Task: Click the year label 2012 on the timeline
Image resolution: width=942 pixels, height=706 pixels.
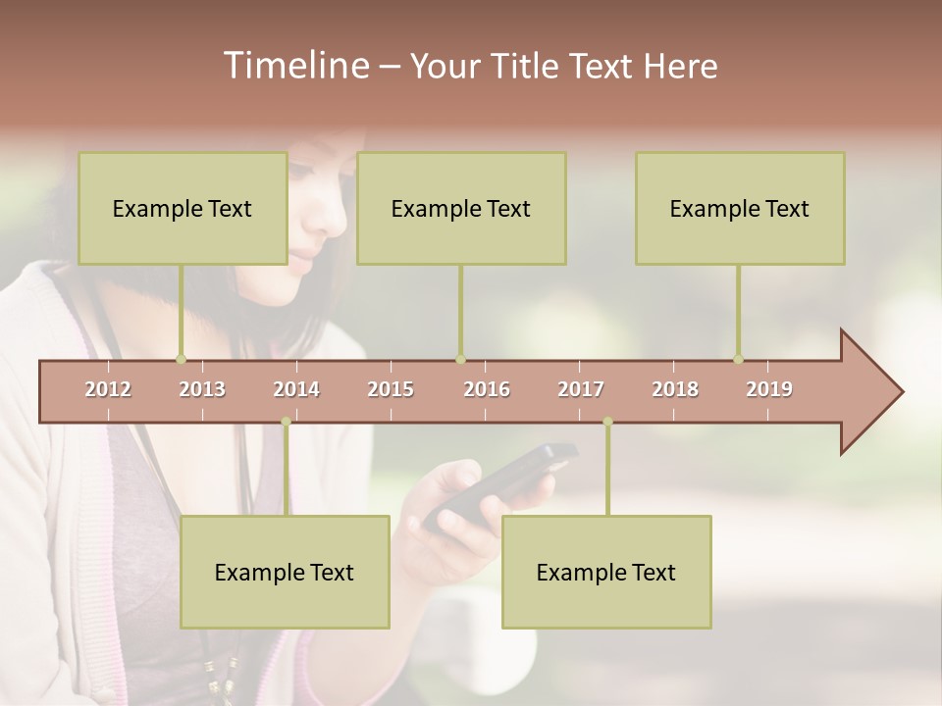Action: coord(108,389)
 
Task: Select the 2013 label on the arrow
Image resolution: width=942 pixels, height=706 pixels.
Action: coord(202,389)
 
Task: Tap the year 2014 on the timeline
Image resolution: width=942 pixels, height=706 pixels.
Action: coord(296,389)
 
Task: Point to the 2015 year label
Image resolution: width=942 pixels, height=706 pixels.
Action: coord(391,389)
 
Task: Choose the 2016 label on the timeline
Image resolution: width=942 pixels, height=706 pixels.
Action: coord(487,389)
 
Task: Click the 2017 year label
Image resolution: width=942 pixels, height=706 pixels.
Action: coord(581,389)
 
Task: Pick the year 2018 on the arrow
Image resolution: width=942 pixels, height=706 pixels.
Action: coord(675,389)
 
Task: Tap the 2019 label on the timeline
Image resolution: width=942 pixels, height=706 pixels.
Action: coord(769,389)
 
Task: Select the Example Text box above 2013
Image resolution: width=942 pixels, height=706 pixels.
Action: coord(183,208)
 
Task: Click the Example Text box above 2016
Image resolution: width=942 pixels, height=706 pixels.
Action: coord(461,208)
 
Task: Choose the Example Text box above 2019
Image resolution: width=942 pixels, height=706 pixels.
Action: coord(740,208)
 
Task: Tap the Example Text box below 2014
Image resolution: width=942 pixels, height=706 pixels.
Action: coord(285,572)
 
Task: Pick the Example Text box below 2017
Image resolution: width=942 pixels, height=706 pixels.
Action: coord(606,572)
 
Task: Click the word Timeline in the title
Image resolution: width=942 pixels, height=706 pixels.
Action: coord(294,66)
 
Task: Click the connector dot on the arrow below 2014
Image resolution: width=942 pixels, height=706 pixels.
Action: coord(286,422)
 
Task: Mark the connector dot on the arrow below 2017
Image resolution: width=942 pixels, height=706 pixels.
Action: coord(607,422)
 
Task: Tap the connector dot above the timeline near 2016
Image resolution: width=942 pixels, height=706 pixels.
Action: coord(460,359)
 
